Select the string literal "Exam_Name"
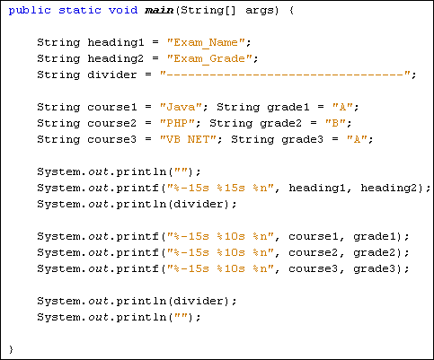209,43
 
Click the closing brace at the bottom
12,347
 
